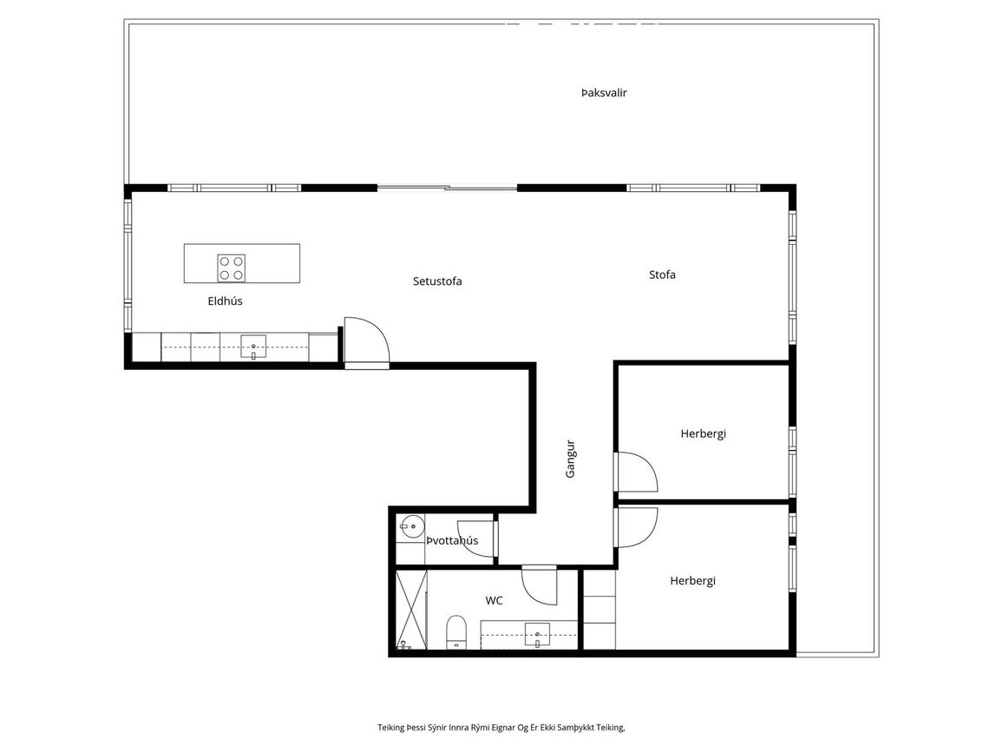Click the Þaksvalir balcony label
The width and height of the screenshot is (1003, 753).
(x=604, y=93)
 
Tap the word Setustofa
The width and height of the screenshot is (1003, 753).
(x=437, y=281)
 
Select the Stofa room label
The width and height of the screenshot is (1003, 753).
(x=662, y=274)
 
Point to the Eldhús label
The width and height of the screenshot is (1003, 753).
(x=226, y=301)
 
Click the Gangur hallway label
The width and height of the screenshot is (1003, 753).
(x=571, y=459)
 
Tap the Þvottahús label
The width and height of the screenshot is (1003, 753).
(x=452, y=540)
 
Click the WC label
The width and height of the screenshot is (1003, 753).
(x=494, y=601)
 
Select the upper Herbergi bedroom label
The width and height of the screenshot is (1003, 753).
(x=703, y=433)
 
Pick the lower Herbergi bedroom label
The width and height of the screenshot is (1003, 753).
(x=692, y=581)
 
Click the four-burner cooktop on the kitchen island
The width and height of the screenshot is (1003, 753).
(x=231, y=268)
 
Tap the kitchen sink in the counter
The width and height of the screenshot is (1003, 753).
(x=253, y=347)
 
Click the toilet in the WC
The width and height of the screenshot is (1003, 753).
(x=456, y=632)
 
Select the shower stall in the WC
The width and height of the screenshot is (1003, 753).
(x=411, y=610)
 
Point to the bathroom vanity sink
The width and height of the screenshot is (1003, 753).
(x=537, y=635)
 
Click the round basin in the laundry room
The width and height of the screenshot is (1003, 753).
(x=413, y=527)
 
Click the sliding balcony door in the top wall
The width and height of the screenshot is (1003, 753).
(x=447, y=188)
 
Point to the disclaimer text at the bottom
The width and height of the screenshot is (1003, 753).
(x=501, y=728)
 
